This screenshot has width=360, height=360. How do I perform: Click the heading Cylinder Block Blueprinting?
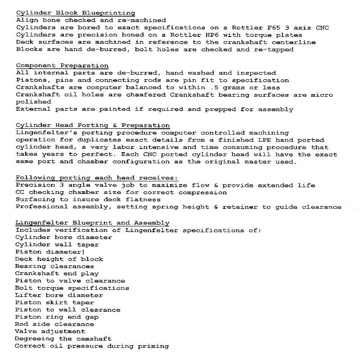pos(75,13)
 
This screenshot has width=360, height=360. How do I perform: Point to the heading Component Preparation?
pos(62,66)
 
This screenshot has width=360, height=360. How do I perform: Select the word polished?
pos(33,102)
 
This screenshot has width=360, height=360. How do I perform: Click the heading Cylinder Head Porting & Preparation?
pos(93,126)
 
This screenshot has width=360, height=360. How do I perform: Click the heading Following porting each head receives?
pos(97,178)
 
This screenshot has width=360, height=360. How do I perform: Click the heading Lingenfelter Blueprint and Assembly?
pos(92,223)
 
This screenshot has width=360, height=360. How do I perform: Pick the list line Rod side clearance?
pos(54,324)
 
